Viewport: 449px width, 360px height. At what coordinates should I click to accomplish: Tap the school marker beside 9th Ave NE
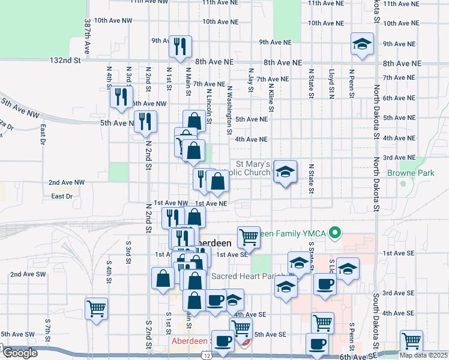[x=361, y=45]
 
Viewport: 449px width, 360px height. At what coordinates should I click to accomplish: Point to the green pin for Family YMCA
[x=337, y=231]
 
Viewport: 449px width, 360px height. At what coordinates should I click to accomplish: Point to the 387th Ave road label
[x=88, y=37]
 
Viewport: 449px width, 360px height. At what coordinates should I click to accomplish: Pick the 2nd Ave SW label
[x=28, y=274]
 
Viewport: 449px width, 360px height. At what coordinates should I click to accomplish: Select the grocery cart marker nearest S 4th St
[x=96, y=308]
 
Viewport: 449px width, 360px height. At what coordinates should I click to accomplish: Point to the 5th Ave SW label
[x=17, y=334]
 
